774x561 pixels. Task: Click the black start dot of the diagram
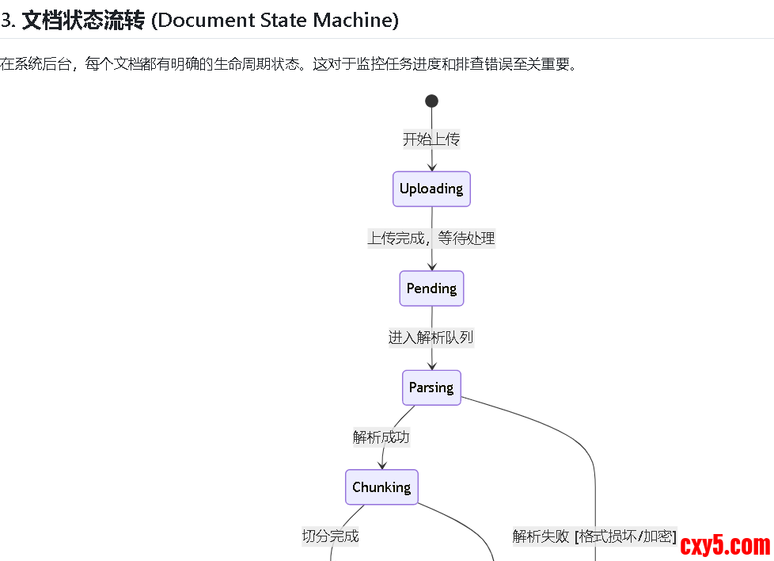point(431,101)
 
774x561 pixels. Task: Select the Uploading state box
point(431,189)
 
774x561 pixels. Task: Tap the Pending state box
point(431,288)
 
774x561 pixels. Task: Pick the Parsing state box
point(431,387)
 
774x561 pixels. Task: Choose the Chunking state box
point(381,487)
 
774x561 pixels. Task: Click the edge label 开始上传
point(431,139)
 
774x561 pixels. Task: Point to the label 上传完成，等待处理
point(431,239)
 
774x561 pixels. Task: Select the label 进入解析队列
point(431,338)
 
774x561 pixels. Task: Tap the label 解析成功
point(381,437)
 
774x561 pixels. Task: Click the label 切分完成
point(330,536)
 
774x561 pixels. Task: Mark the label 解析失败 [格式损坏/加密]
point(594,536)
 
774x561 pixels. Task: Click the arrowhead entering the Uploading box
point(432,166)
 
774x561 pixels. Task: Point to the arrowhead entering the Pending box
point(432,266)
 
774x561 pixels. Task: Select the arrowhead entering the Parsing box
point(432,365)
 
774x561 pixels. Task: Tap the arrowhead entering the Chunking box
point(381,464)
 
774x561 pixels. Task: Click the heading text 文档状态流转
point(83,20)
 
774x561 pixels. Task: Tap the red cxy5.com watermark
point(725,545)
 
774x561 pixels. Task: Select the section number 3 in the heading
point(5,20)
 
